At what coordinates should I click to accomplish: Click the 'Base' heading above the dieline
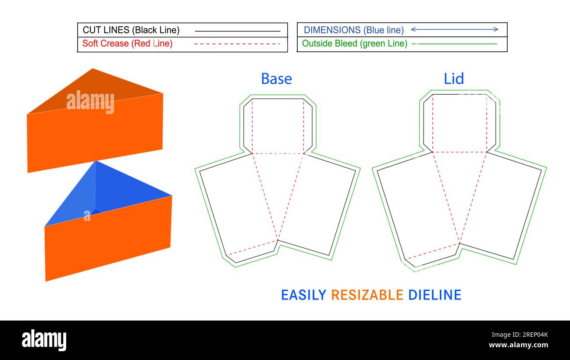276,79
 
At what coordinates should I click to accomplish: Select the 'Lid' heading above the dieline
454,79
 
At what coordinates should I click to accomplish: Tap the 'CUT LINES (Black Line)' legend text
131,30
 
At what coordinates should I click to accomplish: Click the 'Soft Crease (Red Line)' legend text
127,43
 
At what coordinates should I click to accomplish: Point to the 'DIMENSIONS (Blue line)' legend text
354,30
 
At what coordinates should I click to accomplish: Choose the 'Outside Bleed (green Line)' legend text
355,43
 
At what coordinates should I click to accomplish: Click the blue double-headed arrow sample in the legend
454,29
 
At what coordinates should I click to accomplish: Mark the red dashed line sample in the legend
237,44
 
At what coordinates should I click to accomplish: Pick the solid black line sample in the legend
237,31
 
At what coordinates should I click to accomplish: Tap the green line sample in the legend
455,44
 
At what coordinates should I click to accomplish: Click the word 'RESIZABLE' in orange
367,295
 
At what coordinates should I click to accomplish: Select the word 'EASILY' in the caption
303,295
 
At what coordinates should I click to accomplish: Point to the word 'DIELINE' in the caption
435,295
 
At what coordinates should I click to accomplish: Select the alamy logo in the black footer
44,340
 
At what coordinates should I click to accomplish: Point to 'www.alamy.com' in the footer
518,345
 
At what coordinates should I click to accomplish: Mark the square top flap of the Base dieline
278,126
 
